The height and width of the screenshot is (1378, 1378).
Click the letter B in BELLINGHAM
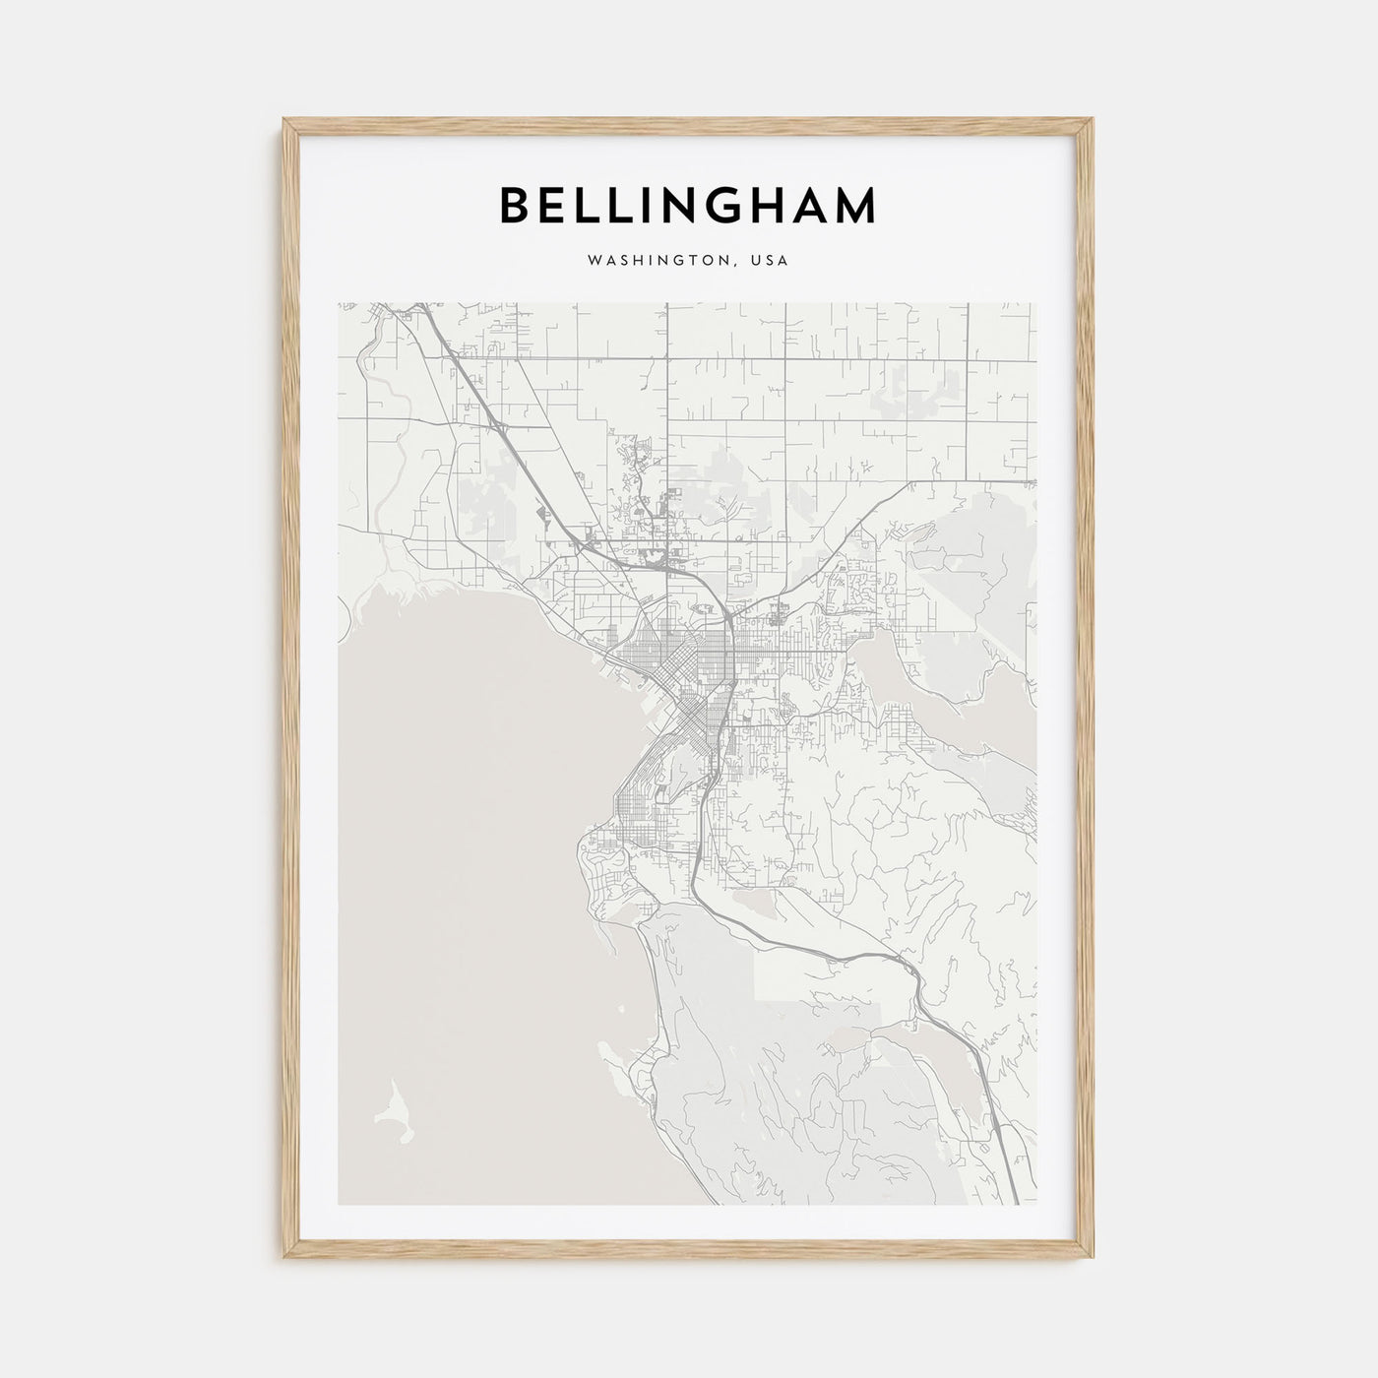[x=518, y=206]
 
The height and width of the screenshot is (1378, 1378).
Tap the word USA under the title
[x=769, y=262]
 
